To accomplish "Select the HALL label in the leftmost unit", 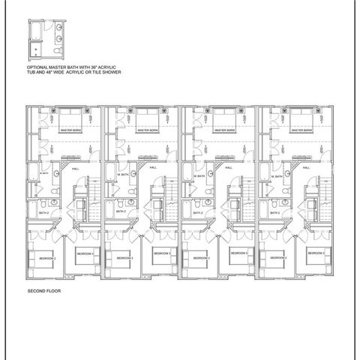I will pyautogui.click(x=75, y=169).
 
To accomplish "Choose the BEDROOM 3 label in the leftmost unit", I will pyautogui.click(x=84, y=254).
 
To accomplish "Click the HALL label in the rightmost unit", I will pyautogui.click(x=306, y=169).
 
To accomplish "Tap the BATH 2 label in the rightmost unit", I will pyautogui.click(x=274, y=212).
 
